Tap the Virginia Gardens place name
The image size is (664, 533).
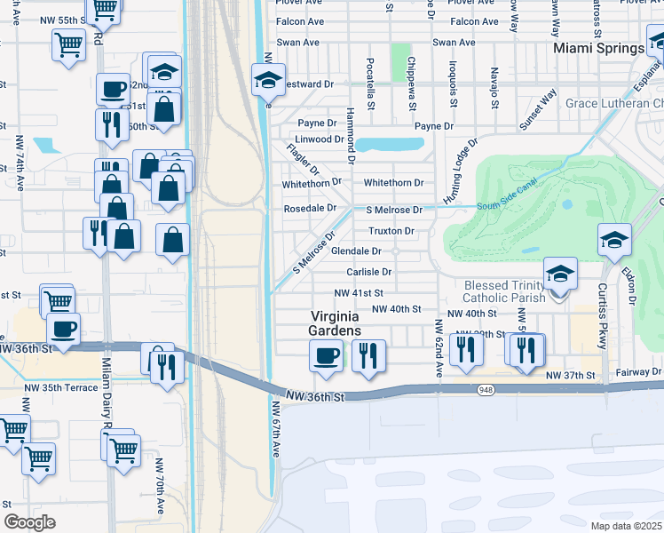click(x=336, y=323)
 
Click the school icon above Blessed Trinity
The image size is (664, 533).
click(x=560, y=274)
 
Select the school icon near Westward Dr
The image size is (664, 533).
click(x=268, y=80)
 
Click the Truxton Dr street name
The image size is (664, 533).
click(x=391, y=231)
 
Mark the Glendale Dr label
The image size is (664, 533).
click(x=356, y=251)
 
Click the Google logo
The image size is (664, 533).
click(x=30, y=521)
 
